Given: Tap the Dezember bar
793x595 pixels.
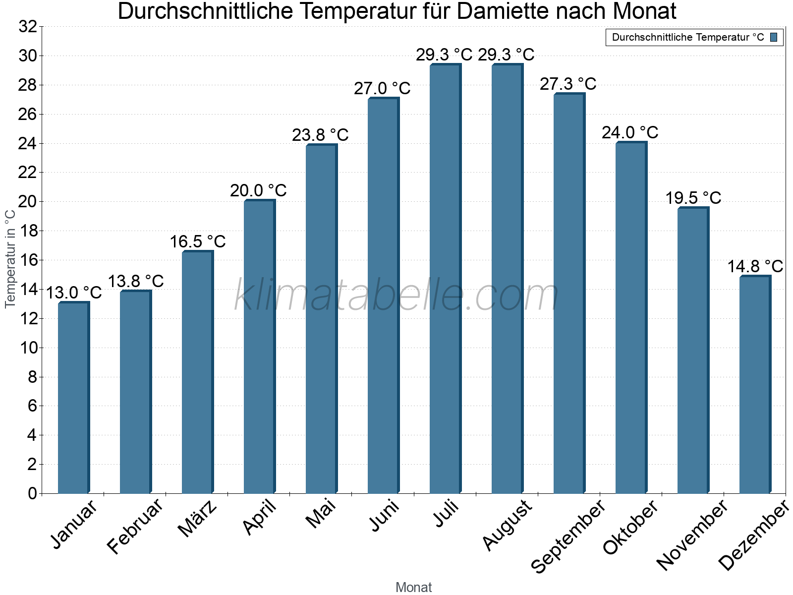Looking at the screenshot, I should (x=755, y=385).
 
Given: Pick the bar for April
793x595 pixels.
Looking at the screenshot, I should (x=259, y=347).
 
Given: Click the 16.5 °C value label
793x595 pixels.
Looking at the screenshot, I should (x=198, y=242).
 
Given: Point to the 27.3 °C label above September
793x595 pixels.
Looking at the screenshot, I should (x=568, y=84).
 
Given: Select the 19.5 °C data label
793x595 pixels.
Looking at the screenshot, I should (x=693, y=198).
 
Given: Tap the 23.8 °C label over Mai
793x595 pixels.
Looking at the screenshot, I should (x=320, y=135).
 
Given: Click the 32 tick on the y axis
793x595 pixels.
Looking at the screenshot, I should (x=28, y=27).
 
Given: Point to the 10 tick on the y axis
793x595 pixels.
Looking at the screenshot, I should (x=29, y=348).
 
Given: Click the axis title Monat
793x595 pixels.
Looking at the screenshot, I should (x=413, y=587).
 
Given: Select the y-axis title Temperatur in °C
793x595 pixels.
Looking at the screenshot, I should (x=10, y=258).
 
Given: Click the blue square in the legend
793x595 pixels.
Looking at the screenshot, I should (x=774, y=37).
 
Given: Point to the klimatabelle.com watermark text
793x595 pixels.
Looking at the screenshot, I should (x=396, y=296).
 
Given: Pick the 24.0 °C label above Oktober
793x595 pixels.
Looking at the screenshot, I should (x=630, y=133).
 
